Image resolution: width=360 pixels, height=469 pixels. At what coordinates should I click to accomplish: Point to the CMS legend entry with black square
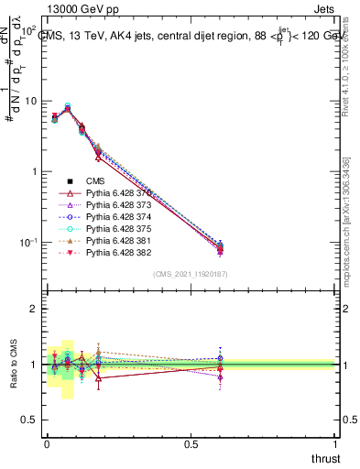(x=95, y=182)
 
